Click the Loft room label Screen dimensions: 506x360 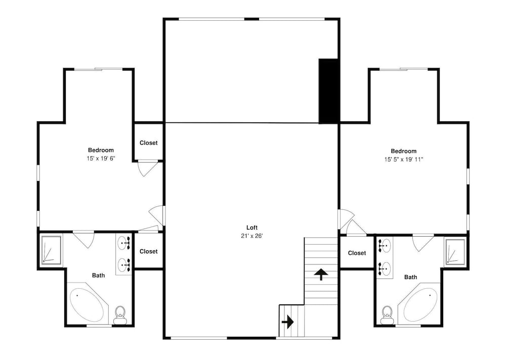251,228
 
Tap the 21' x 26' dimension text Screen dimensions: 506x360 251,236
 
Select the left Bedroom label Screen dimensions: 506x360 101,150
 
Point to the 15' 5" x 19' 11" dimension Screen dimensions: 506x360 403,159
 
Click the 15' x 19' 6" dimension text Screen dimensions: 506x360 101,158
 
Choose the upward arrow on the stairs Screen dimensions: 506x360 321,274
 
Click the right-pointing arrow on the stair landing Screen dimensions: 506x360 287,322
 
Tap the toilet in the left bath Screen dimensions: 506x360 120,315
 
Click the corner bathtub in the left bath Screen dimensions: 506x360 87,303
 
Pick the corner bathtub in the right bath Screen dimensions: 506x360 419,303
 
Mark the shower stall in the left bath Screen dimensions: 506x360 51,250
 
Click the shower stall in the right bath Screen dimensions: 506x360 455,252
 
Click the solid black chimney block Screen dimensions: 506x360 328,91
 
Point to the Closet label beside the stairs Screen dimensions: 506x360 357,253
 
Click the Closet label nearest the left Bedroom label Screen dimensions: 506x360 148,143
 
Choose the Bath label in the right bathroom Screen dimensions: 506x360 410,277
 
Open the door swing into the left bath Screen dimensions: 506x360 84,239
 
